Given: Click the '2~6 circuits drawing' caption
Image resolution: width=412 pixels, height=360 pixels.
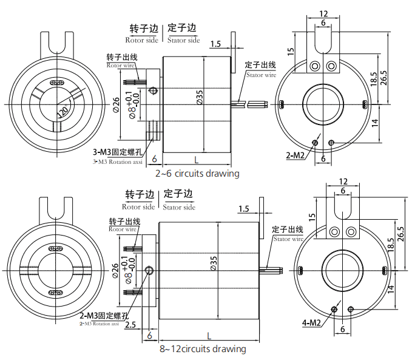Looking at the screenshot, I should tap(197, 174).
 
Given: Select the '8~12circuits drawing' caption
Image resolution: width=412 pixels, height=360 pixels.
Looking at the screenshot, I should tap(203, 349).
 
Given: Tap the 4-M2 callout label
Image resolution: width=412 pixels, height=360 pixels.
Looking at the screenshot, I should tap(311, 322).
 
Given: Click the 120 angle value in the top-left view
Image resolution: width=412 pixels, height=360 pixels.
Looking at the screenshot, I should tap(62, 111).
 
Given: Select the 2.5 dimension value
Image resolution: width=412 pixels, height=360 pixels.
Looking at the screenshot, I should tap(130, 325).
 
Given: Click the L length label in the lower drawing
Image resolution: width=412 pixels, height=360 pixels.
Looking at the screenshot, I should tap(209, 335).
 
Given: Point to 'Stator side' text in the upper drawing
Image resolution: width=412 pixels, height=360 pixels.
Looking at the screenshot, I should tap(184, 40).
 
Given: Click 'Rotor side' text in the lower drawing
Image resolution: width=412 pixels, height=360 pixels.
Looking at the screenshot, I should tap(140, 207).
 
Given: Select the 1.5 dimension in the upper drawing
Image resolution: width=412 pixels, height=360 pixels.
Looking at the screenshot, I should tap(217, 44).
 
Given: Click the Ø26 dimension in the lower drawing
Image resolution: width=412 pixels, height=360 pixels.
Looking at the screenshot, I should tap(116, 270).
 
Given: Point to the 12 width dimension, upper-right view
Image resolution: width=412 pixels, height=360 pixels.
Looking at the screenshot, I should tap(323, 13).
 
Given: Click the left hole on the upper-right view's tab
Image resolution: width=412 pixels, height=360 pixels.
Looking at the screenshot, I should tap(315, 65).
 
